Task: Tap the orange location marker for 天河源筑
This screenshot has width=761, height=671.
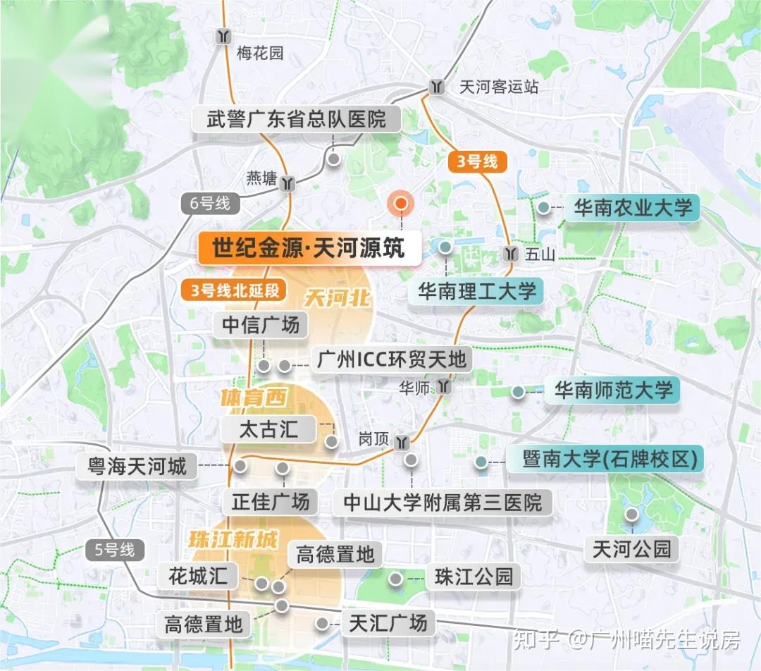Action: pos(400,204)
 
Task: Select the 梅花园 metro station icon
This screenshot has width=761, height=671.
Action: pos(224,36)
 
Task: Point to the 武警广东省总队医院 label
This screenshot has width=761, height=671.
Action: pos(297,118)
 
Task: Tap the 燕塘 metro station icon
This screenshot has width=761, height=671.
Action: pos(286,183)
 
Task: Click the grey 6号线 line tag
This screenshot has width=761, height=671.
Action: pos(210,204)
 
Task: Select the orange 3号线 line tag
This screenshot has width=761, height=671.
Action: pos(478,161)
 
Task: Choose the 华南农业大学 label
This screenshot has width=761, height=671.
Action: pos(632,207)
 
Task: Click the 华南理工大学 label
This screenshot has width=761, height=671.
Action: pos(477,290)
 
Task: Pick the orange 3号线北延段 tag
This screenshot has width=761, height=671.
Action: pos(234,290)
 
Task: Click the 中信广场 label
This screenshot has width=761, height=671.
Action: pos(261,324)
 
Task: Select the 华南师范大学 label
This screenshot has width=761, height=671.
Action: pos(613,390)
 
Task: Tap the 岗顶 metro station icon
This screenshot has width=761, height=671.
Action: pos(402,441)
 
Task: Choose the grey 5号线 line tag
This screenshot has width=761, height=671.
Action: pos(114,550)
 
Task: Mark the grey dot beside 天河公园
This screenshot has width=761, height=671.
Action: pos(632,514)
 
